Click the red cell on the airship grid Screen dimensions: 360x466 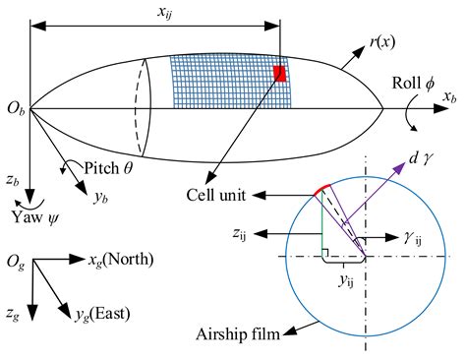point(280,73)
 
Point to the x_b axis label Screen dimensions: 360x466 point(449,99)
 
